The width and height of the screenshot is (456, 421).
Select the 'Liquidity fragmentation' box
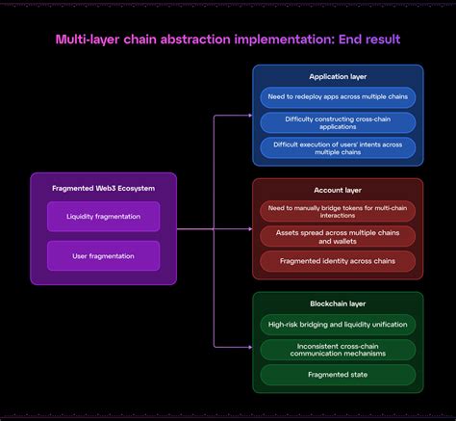pyautogui.click(x=103, y=217)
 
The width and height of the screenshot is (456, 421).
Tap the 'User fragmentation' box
pyautogui.click(x=103, y=256)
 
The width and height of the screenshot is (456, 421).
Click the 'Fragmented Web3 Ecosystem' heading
pyautogui.click(x=103, y=188)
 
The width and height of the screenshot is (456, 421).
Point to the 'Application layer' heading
pyautogui.click(x=338, y=76)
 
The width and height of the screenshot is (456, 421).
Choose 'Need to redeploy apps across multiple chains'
pyautogui.click(x=338, y=97)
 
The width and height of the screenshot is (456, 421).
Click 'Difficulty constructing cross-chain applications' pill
pyautogui.click(x=338, y=122)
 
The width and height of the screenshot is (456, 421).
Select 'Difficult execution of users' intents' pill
pyautogui.click(x=338, y=147)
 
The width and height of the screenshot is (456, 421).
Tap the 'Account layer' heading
pyautogui.click(x=338, y=190)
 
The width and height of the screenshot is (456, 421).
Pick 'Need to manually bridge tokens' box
pyautogui.click(x=338, y=211)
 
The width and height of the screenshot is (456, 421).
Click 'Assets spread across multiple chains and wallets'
pyautogui.click(x=338, y=236)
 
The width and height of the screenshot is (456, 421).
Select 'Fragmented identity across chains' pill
pyautogui.click(x=338, y=261)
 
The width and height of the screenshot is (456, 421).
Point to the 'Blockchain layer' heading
pyautogui.click(x=338, y=303)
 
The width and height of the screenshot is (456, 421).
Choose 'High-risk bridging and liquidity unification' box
pyautogui.click(x=338, y=325)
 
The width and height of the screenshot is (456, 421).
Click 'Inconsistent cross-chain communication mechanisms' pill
pyautogui.click(x=338, y=350)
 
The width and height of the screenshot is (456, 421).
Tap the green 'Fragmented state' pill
pyautogui.click(x=338, y=375)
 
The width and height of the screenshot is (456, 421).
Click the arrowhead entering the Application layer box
pyautogui.click(x=248, y=116)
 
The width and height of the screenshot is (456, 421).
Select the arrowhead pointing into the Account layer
pyautogui.click(x=248, y=229)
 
